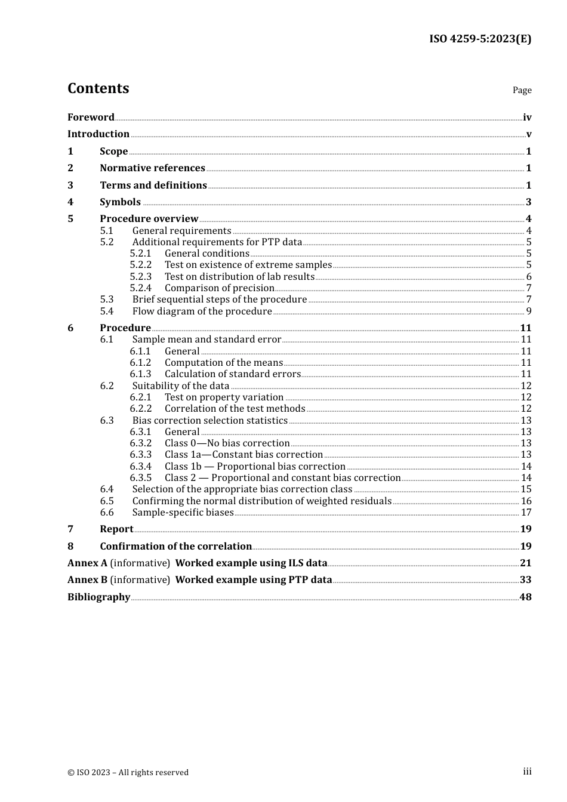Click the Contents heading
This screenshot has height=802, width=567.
98,88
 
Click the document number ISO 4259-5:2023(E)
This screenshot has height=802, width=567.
480,39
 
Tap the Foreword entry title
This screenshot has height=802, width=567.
91,118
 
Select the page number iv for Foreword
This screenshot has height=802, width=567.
527,118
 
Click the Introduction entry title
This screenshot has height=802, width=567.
98,134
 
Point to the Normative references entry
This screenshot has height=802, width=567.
152,168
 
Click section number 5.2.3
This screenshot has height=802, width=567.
141,277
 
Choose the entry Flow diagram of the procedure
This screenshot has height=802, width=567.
202,311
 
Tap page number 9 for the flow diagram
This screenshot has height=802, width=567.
529,311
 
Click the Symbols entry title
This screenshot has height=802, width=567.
120,202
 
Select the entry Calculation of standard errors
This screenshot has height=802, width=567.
233,374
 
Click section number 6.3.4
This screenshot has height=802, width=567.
141,467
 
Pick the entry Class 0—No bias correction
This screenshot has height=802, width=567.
227,443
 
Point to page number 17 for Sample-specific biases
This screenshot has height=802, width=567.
526,513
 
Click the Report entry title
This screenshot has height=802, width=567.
116,529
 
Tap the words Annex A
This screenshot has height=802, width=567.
87,563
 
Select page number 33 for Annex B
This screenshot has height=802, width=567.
525,580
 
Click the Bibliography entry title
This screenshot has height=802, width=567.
98,597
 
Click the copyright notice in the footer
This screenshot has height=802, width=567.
128,773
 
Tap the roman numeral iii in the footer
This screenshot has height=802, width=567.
527,772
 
